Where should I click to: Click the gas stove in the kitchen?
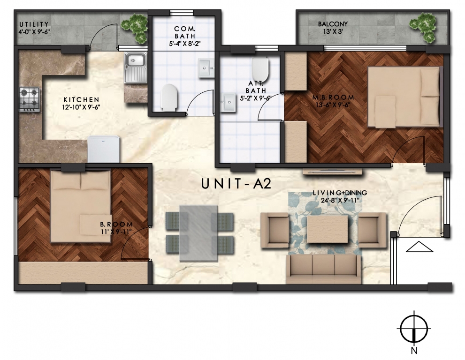tap(30, 99)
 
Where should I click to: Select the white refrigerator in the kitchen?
tap(104, 149)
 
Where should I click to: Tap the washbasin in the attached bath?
tap(229, 103)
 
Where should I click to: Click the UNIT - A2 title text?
tap(236, 184)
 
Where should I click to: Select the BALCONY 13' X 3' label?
tap(333, 28)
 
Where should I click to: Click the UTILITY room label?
tap(34, 24)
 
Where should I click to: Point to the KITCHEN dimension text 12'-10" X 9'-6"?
tap(81, 107)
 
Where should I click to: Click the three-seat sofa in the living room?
tap(324, 269)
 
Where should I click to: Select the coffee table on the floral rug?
tap(328, 229)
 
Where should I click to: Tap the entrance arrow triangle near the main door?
tap(419, 247)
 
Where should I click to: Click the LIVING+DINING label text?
tap(340, 193)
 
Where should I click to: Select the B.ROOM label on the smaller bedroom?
tap(116, 224)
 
